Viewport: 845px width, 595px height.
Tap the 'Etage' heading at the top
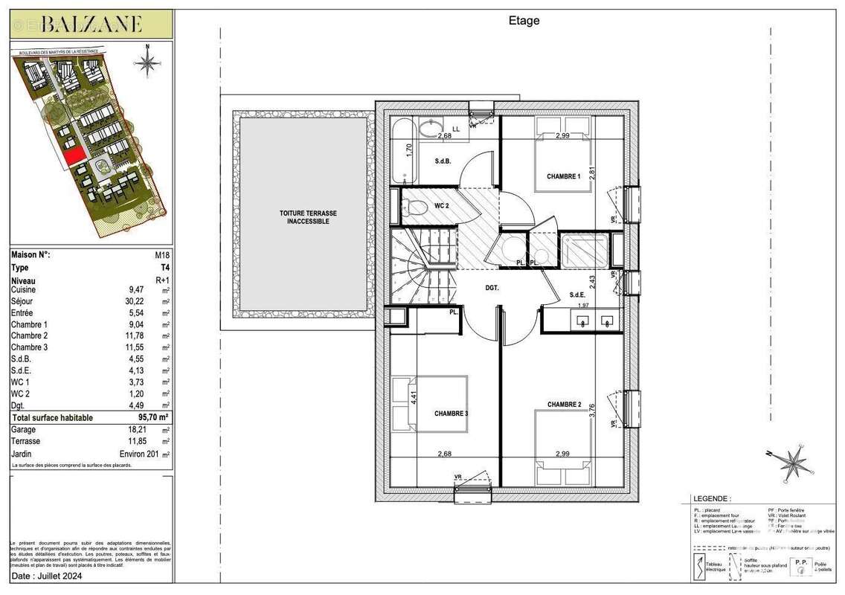click(x=524, y=21)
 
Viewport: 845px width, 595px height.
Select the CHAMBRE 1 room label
click(x=563, y=177)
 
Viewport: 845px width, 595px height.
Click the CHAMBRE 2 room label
click(x=564, y=405)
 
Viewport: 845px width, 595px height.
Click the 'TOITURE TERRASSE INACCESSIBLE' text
click(x=304, y=217)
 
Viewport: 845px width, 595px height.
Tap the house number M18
click(x=161, y=255)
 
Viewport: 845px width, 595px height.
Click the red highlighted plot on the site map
click(x=72, y=155)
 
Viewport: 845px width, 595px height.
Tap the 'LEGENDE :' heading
click(x=712, y=498)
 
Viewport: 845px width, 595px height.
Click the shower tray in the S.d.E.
click(x=584, y=250)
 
